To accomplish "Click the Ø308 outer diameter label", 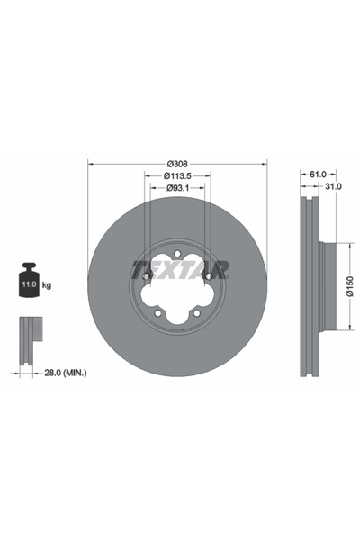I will click(177, 163).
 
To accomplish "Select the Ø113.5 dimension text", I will click(177, 176).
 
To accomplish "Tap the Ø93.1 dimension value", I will click(177, 189).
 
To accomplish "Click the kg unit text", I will click(47, 285).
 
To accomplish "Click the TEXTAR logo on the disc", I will click(178, 269).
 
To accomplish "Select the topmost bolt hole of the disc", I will click(177, 253).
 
